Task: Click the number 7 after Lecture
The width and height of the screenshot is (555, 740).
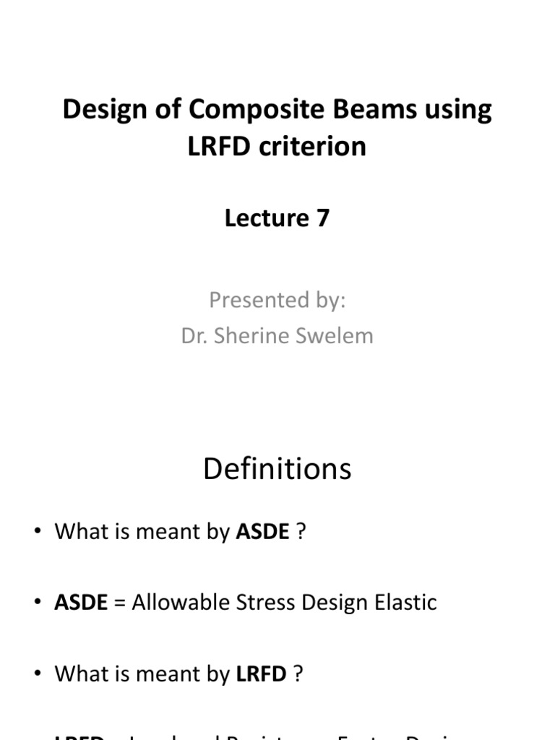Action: pyautogui.click(x=322, y=218)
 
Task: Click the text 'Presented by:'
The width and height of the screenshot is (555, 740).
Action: pyautogui.click(x=277, y=300)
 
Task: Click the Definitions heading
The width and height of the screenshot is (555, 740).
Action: pyautogui.click(x=277, y=470)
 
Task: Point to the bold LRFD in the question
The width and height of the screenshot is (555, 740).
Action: pyautogui.click(x=262, y=674)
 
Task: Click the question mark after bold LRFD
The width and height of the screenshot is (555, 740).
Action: pyautogui.click(x=298, y=674)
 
